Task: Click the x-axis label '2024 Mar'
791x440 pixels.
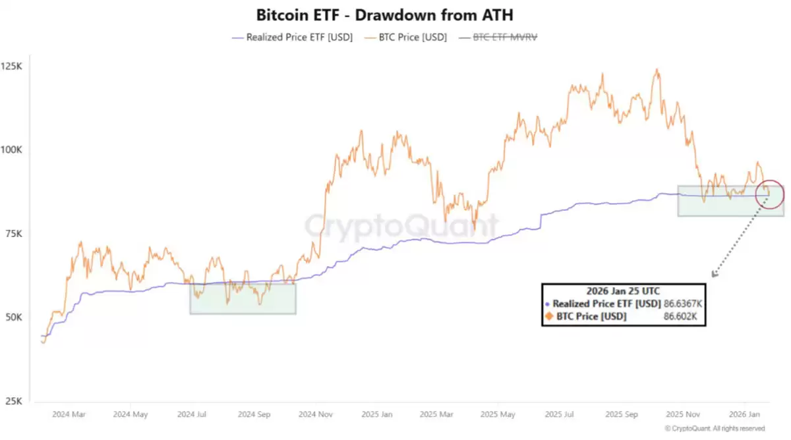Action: point(69,415)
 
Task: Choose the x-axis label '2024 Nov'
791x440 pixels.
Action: point(316,415)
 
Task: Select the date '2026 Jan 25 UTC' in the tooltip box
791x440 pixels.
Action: point(623,291)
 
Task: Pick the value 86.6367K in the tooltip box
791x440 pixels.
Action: point(683,304)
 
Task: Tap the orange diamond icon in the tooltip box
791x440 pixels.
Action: point(549,317)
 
